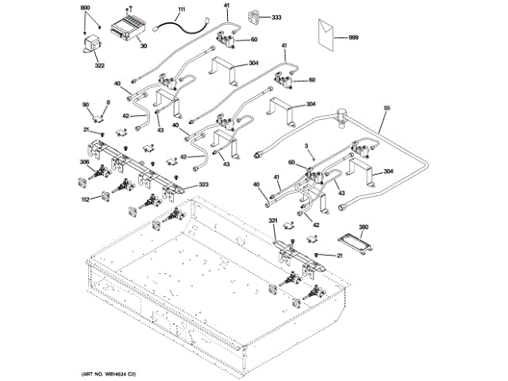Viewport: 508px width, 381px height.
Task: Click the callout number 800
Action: [x=86, y=7]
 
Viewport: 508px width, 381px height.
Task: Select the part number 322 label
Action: [x=100, y=65]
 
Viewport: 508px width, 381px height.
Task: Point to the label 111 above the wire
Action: [x=180, y=9]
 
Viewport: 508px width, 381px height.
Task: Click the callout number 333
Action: [x=276, y=17]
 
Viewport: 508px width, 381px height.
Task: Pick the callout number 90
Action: [x=86, y=105]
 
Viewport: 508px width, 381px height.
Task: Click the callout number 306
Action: [x=84, y=163]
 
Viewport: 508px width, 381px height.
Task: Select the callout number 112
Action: [x=85, y=199]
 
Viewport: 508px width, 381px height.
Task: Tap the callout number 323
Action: [x=204, y=185]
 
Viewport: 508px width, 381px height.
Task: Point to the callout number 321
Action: [x=272, y=220]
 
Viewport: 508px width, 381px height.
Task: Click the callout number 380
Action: [x=364, y=227]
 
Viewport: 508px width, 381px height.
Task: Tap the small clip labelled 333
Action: [x=255, y=16]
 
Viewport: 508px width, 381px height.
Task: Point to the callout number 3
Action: [x=306, y=146]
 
